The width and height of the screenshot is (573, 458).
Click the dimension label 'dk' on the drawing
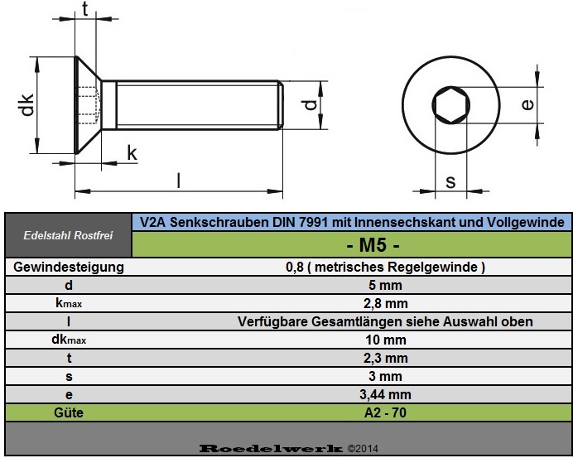(26, 105)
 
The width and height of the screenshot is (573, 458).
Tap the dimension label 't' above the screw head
(85, 11)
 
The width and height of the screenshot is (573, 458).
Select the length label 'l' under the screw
(178, 179)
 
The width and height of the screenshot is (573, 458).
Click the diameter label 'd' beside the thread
(308, 106)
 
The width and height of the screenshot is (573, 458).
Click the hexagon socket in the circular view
(450, 104)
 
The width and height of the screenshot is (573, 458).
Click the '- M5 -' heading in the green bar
(351, 245)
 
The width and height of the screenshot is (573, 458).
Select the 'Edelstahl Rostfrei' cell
(68, 236)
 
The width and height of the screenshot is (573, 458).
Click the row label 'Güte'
(68, 412)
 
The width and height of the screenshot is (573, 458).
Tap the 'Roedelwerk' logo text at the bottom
(271, 448)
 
